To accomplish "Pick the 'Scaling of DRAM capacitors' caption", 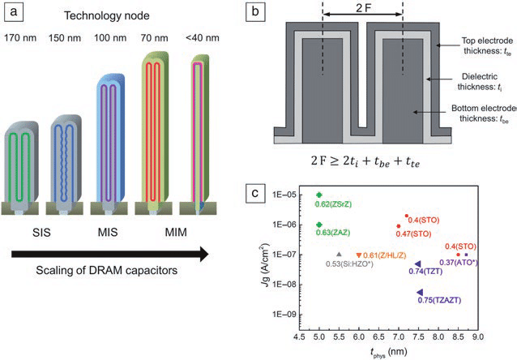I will click(x=105, y=268).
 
